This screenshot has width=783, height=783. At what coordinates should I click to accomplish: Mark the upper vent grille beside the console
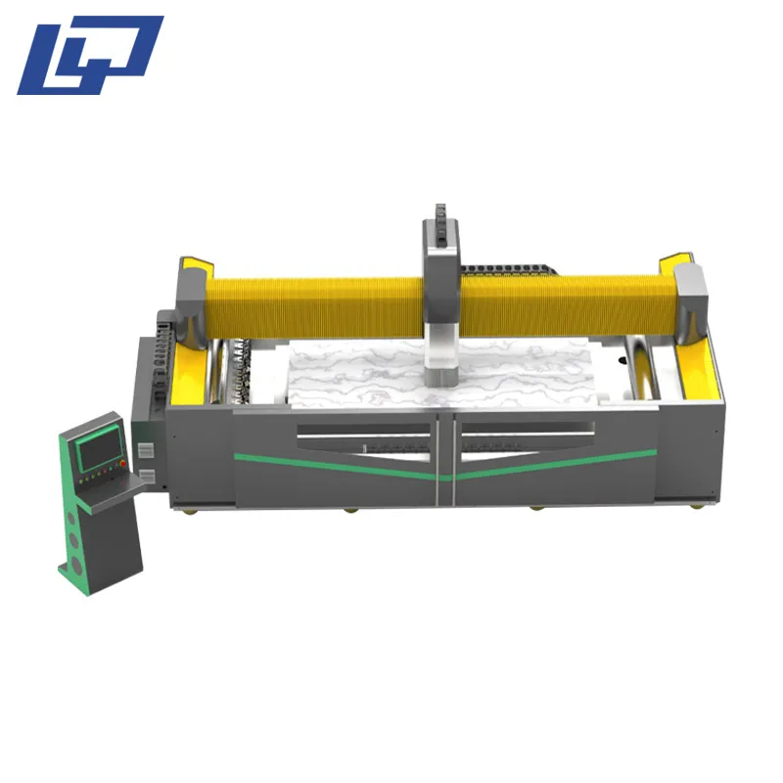pos(145,451)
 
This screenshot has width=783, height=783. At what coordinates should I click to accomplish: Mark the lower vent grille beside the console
pos(146,476)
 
